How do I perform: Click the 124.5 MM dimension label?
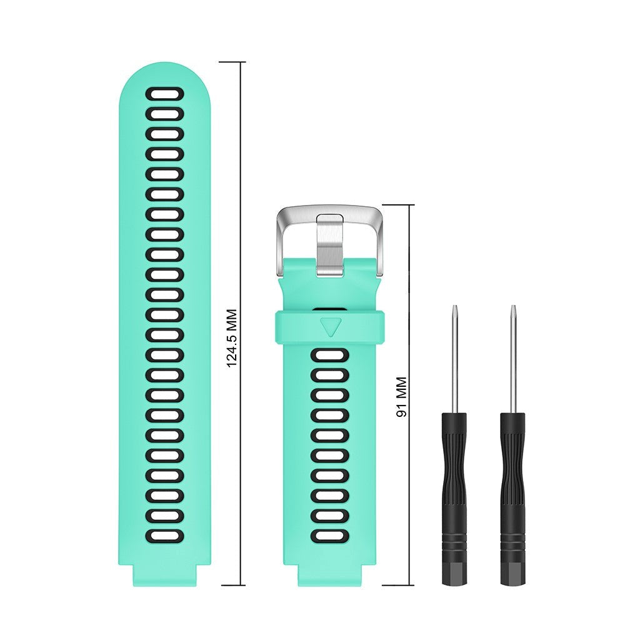[232, 337]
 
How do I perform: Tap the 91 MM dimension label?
[401, 397]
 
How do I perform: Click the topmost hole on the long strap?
[165, 94]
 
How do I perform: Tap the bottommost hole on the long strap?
[165, 536]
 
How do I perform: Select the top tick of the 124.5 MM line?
[232, 62]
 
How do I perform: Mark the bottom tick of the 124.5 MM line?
[232, 586]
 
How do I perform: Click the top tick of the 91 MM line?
[397, 205]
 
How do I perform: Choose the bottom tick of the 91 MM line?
[397, 586]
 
